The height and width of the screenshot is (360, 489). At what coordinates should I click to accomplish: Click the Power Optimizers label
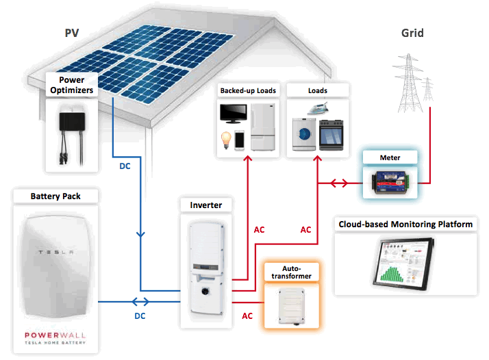[x=71, y=84]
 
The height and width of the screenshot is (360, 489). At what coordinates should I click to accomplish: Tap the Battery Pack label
[x=55, y=196]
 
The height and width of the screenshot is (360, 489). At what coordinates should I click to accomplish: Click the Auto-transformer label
[x=288, y=272]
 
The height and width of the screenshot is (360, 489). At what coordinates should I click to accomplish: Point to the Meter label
[x=390, y=158]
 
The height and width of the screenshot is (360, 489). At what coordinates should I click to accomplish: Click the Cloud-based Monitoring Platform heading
[x=406, y=224]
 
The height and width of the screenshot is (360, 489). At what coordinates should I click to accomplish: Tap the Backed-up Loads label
[x=247, y=90]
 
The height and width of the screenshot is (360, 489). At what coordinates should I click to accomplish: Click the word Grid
[x=412, y=33]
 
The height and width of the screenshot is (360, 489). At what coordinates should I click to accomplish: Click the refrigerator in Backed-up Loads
[x=264, y=127]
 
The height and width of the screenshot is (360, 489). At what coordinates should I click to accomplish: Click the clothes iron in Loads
[x=316, y=109]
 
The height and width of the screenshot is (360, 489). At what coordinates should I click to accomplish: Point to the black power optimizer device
[x=71, y=123]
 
